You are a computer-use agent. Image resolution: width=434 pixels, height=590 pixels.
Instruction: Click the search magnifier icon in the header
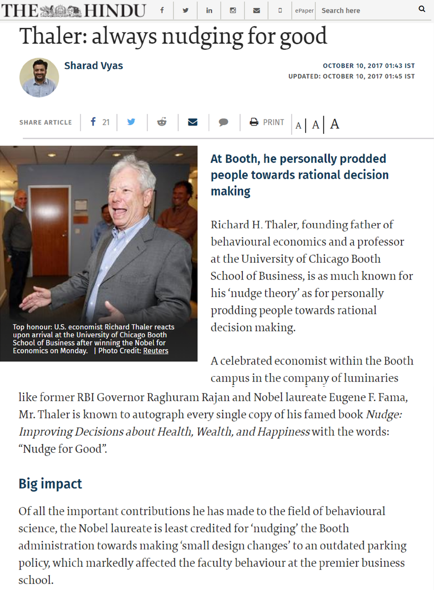pyautogui.click(x=422, y=9)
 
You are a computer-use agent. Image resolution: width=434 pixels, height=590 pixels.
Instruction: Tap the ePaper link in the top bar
pyautogui.click(x=304, y=10)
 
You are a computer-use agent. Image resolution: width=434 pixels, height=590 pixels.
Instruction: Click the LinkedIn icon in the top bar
pyautogui.click(x=209, y=10)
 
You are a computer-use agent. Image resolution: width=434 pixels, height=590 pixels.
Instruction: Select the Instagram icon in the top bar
pyautogui.click(x=233, y=10)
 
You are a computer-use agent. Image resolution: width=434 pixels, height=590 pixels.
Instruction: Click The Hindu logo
pyautogui.click(x=73, y=10)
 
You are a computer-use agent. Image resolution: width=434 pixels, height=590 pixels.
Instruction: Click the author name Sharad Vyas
pyautogui.click(x=93, y=65)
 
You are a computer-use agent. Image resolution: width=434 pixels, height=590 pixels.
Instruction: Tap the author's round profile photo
pyautogui.click(x=39, y=77)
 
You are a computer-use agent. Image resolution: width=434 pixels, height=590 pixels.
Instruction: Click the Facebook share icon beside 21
pyautogui.click(x=93, y=122)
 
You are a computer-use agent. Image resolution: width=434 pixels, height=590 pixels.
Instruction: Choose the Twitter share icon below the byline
pyautogui.click(x=131, y=122)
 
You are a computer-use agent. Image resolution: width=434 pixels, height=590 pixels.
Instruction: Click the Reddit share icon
pyautogui.click(x=162, y=122)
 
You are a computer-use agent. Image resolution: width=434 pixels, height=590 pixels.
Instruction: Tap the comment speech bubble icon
pyautogui.click(x=223, y=122)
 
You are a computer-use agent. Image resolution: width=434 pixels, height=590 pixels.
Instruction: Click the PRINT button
pyautogui.click(x=267, y=122)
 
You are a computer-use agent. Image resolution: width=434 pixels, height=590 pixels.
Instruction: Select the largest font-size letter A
pyautogui.click(x=334, y=124)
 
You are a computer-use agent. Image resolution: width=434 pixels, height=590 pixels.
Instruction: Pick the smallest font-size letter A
pyautogui.click(x=298, y=126)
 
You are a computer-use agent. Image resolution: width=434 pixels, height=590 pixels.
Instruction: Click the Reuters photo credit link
pyautogui.click(x=156, y=351)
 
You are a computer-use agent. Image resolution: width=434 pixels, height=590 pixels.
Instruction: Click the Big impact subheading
pyautogui.click(x=50, y=484)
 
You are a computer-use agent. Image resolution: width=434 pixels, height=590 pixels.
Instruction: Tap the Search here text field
pyautogui.click(x=365, y=10)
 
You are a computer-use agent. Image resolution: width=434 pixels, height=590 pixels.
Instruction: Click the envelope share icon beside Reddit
pyautogui.click(x=193, y=122)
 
